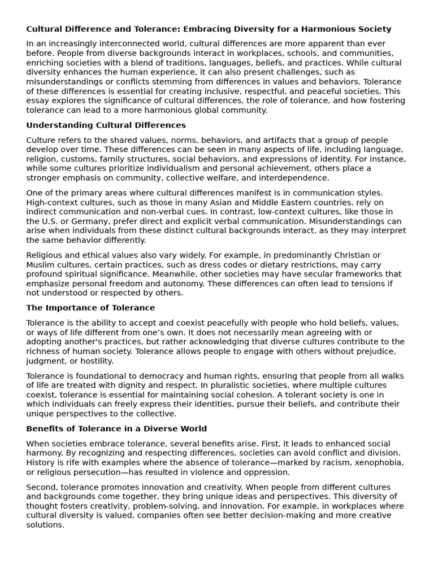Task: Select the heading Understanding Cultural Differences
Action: (106, 125)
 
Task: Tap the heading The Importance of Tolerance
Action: (90, 308)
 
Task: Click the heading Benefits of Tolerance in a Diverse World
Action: (116, 429)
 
